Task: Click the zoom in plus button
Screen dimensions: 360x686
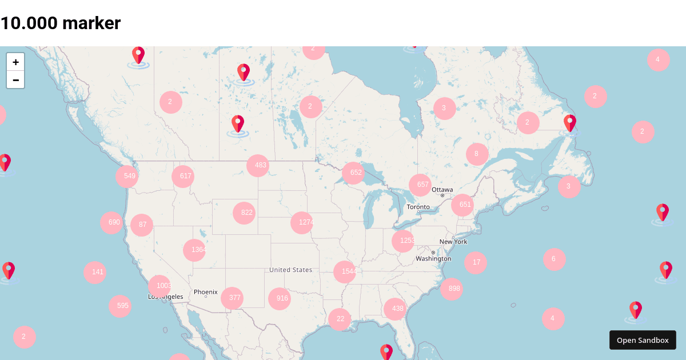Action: coord(15,62)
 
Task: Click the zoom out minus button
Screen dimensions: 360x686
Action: coord(15,80)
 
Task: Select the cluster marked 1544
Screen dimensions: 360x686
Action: coord(345,271)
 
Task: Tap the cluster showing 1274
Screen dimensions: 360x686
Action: coord(302,222)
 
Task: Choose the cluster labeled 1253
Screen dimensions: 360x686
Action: coord(403,241)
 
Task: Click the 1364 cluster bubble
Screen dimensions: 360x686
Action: coord(194,250)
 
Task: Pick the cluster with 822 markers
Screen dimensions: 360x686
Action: coord(244,213)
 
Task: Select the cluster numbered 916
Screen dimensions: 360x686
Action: coord(280,298)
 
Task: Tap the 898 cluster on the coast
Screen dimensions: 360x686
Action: coord(452,289)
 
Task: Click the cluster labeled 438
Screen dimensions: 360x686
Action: coord(395,309)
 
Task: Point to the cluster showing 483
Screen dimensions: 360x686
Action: coord(258,165)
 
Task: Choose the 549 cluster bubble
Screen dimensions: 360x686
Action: coord(127,176)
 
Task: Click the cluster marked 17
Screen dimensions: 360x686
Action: coord(476,262)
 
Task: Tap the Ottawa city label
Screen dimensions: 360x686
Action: coord(442,190)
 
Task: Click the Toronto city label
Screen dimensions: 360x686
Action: coord(418,207)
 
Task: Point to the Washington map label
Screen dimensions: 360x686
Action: coord(433,258)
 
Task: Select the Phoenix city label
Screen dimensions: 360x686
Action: coord(206,292)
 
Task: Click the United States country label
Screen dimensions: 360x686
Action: coord(290,270)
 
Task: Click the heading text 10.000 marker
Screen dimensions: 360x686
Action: coord(61,23)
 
